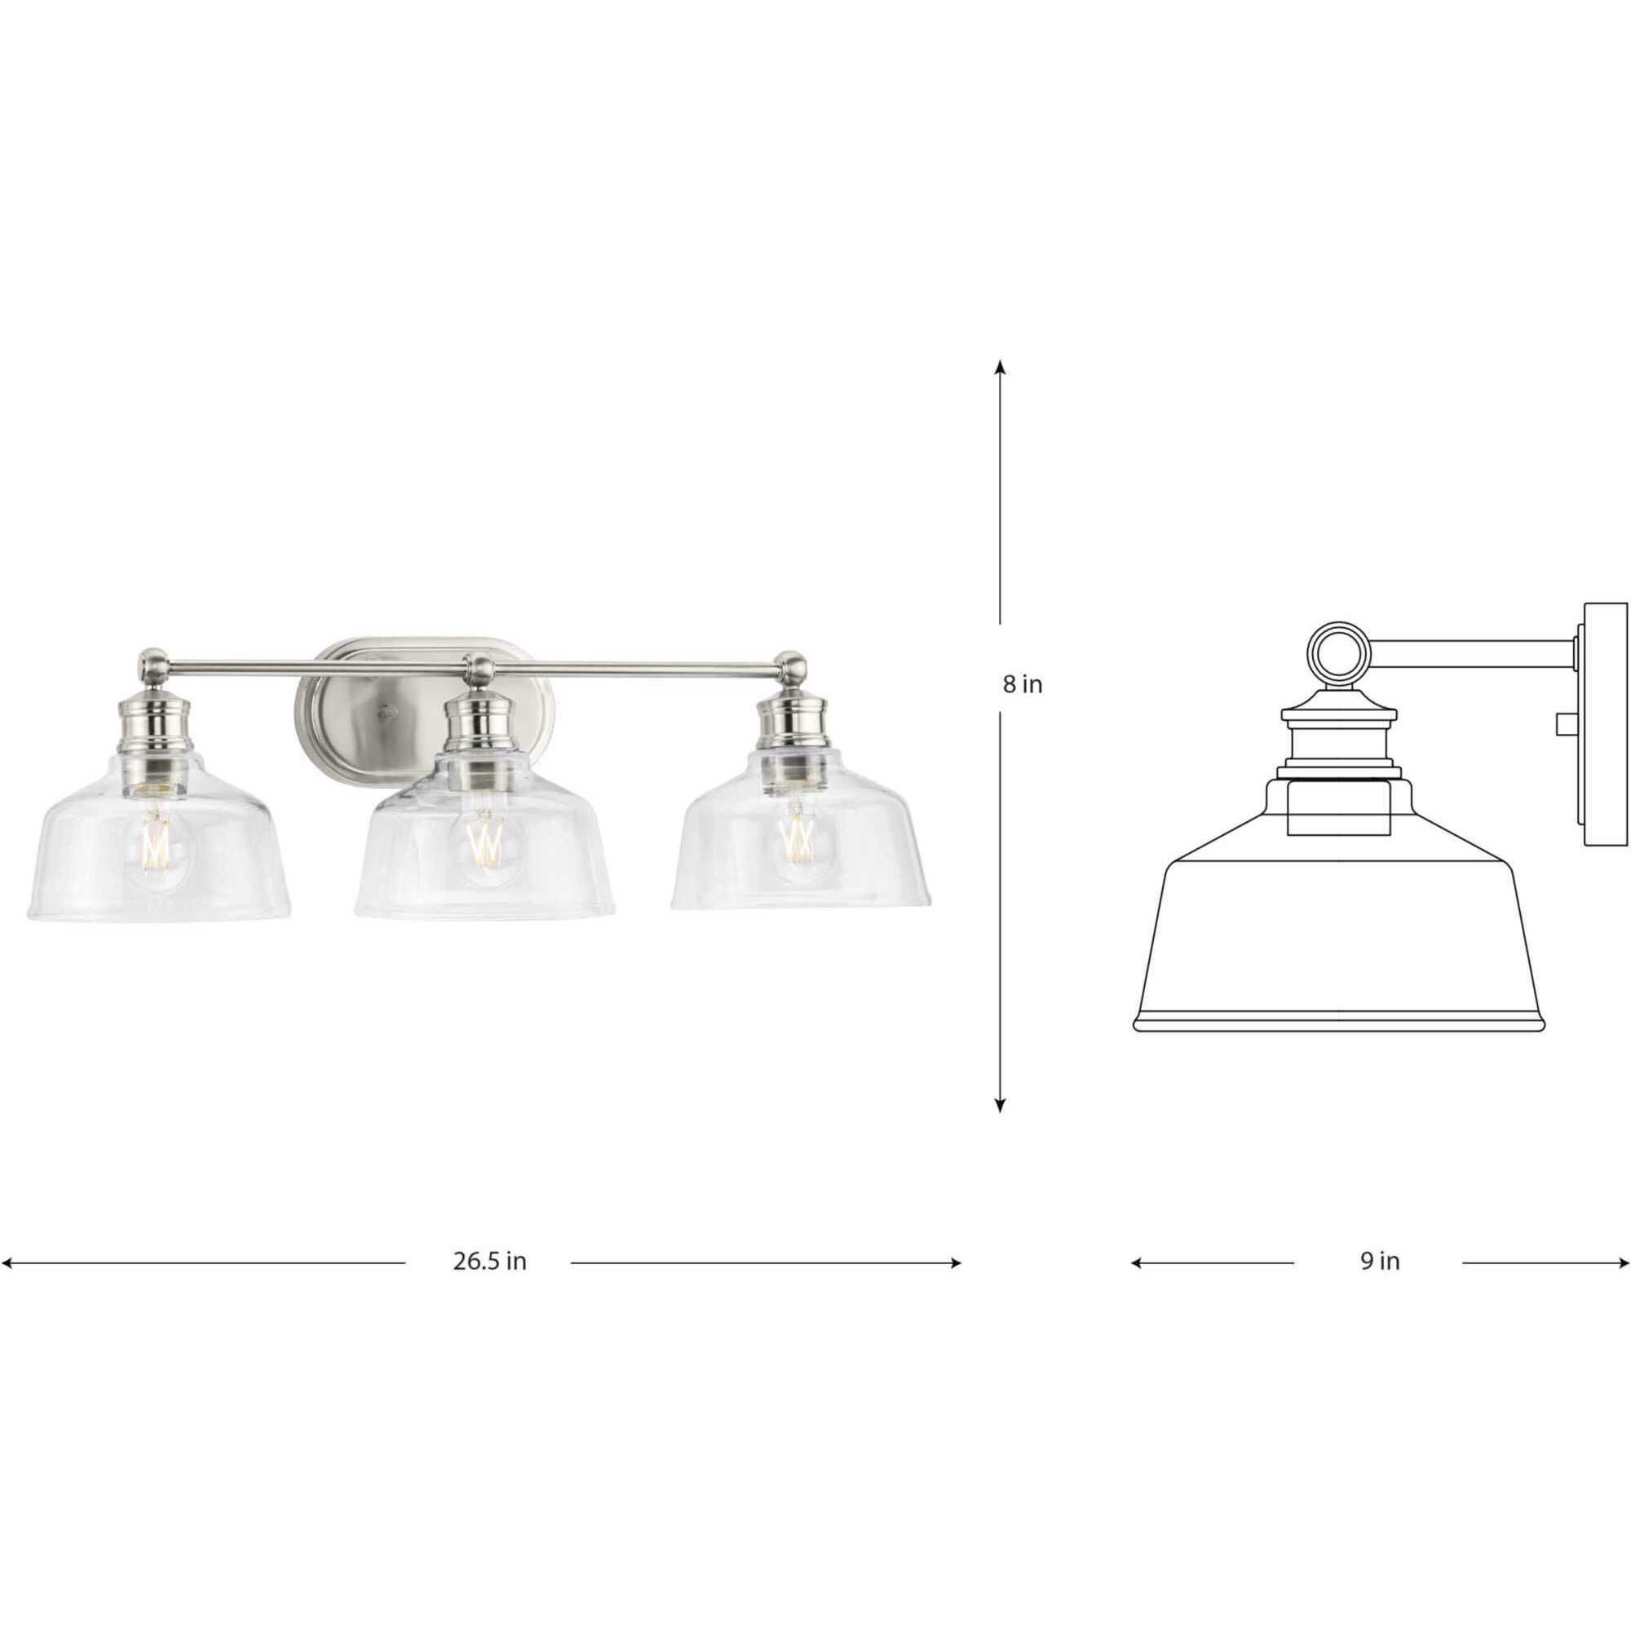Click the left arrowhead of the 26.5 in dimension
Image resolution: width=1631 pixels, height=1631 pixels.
click(x=7, y=1287)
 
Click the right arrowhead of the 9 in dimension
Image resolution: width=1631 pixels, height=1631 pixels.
click(x=1625, y=1287)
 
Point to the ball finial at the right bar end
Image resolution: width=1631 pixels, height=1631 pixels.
click(x=791, y=667)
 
